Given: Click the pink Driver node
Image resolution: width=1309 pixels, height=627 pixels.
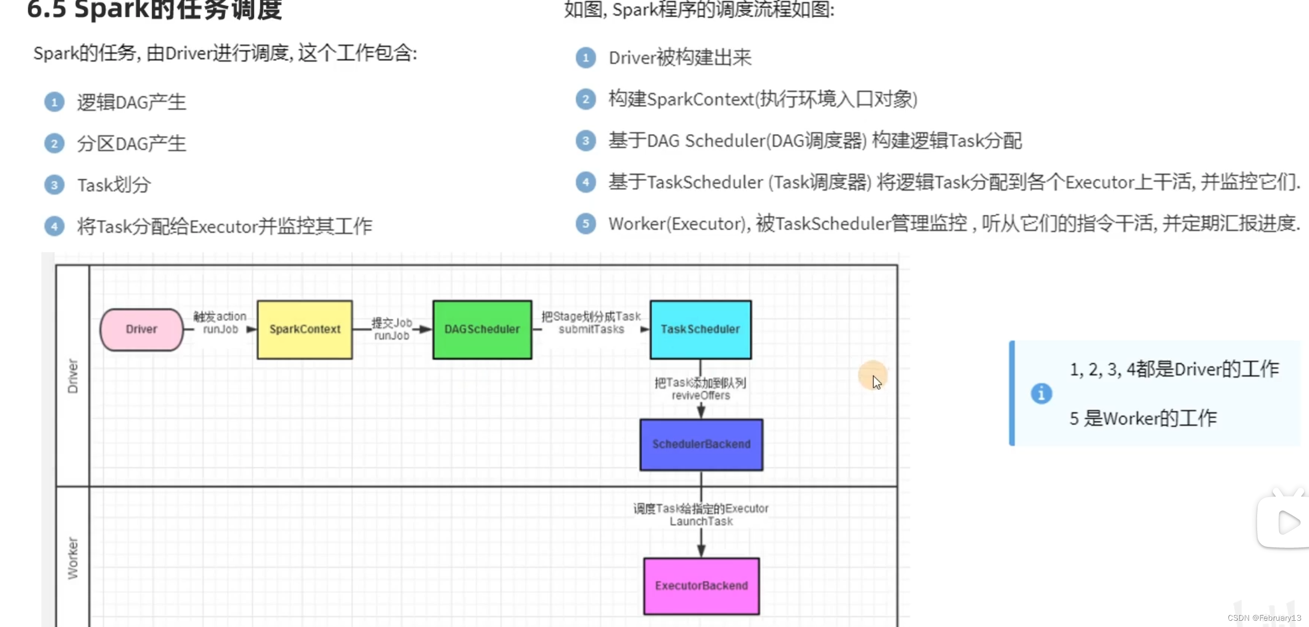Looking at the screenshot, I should point(141,329).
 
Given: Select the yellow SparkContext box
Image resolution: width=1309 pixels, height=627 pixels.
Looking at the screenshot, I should point(305,329).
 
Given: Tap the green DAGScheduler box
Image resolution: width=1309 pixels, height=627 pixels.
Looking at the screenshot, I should point(482,329).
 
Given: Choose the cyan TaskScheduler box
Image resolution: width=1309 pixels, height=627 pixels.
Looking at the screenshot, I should point(700,329).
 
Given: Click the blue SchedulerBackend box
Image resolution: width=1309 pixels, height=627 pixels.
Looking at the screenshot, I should point(701,444).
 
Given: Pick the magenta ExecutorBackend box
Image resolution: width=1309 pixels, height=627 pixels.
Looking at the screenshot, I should point(701,586).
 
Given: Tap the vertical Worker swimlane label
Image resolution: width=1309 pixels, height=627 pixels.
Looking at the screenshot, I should point(73,558).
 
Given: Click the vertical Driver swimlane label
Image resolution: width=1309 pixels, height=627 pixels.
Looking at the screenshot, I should point(73,376).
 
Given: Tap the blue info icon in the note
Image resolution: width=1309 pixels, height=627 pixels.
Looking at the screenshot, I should point(1041,393).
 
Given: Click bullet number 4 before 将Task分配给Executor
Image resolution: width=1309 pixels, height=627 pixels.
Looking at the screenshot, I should point(54,226).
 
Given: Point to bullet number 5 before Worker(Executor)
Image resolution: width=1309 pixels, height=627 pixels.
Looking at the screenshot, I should point(586,224).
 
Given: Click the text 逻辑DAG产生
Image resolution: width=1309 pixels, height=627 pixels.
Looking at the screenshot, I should point(131,102).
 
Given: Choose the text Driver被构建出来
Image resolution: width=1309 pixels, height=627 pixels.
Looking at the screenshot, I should point(680,58).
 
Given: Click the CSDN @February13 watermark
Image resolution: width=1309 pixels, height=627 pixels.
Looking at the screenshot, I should point(1264,618).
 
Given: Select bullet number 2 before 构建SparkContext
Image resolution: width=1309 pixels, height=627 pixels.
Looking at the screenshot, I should point(586,99).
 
